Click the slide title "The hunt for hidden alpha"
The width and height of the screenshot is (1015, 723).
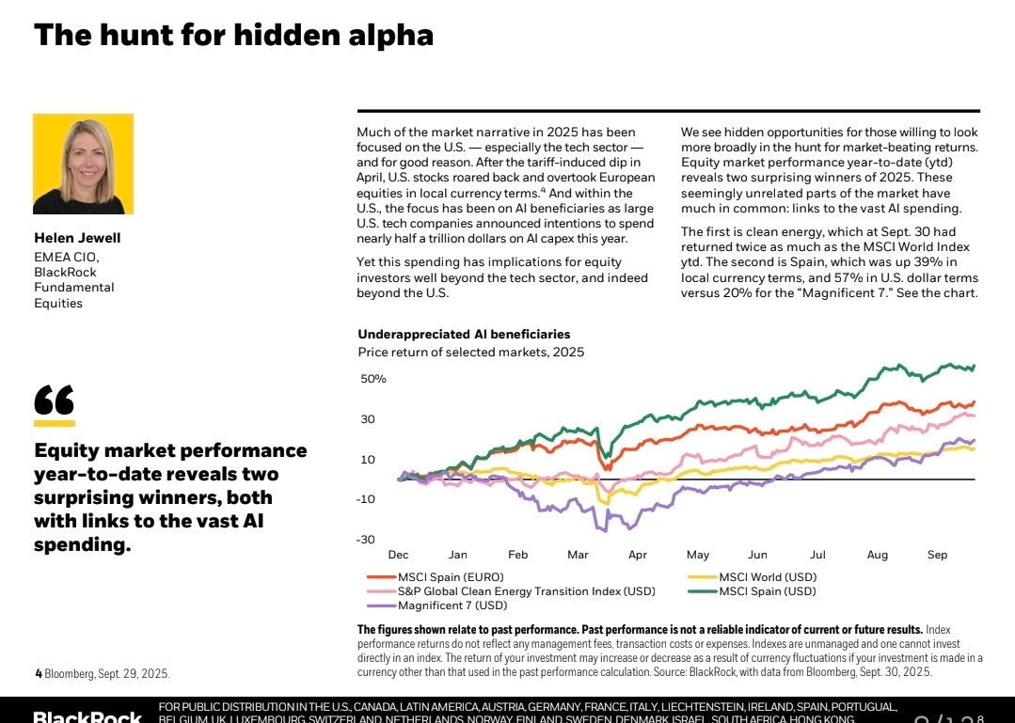pos(233,35)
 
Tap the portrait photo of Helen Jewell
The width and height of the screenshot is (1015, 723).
pos(83,165)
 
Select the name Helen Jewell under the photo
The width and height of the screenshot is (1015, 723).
pos(77,238)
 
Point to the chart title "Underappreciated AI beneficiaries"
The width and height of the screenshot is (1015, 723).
pos(464,335)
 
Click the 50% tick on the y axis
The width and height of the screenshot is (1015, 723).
pos(373,379)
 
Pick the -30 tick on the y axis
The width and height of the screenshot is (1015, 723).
pos(365,540)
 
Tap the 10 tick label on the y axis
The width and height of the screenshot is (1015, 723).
pos(367,460)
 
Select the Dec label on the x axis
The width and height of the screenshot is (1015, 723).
pos(398,555)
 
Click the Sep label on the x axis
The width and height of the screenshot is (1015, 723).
pos(937,555)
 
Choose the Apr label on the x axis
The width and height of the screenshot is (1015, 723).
pos(638,555)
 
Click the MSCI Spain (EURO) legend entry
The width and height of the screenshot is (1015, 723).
pos(451,577)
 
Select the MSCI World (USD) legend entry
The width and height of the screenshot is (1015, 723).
pos(768,577)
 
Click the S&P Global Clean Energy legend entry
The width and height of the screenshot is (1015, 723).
pos(526,591)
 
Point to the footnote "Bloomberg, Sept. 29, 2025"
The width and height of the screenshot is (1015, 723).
pos(107,674)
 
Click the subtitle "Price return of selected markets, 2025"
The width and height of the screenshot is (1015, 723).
pos(470,353)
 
